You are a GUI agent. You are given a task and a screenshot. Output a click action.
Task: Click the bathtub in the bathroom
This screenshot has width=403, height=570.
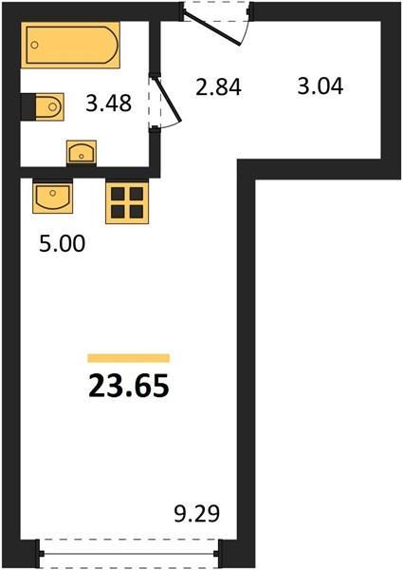click(x=70, y=45)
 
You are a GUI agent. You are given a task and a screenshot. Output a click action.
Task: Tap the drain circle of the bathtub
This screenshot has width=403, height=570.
click(x=34, y=45)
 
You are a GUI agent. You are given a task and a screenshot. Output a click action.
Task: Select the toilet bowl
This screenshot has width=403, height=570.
click(x=49, y=106)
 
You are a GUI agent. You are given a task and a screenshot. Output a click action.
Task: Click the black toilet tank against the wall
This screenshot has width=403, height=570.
click(x=28, y=106)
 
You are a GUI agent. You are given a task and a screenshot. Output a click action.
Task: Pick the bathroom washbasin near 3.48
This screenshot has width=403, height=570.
click(x=82, y=152)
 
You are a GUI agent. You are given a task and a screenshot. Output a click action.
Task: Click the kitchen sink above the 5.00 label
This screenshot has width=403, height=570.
click(x=52, y=198)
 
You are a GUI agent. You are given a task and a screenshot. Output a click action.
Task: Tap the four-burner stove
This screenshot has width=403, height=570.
click(x=127, y=202)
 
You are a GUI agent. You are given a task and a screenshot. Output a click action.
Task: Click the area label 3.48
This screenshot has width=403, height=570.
click(x=108, y=103)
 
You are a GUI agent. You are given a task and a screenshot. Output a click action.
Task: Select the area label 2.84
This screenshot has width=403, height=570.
click(x=218, y=87)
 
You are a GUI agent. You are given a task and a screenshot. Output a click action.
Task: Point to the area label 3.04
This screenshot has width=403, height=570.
click(x=321, y=86)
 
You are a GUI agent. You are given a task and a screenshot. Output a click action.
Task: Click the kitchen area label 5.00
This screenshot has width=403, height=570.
click(x=62, y=243)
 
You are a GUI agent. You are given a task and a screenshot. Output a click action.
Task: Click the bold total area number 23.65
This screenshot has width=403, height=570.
click(x=129, y=386)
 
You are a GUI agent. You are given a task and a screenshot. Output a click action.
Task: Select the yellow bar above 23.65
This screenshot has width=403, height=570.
click(x=129, y=358)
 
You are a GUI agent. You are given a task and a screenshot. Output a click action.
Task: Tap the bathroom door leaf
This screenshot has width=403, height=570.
click(x=168, y=99)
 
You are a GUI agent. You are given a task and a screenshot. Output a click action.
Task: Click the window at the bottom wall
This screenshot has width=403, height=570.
click(x=129, y=554)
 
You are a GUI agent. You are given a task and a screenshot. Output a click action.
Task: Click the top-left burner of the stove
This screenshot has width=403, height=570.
click(x=118, y=194)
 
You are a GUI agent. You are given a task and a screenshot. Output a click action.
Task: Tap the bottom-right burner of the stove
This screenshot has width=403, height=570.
click(x=137, y=212)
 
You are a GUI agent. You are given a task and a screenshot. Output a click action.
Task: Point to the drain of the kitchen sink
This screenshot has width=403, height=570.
click(x=53, y=192)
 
